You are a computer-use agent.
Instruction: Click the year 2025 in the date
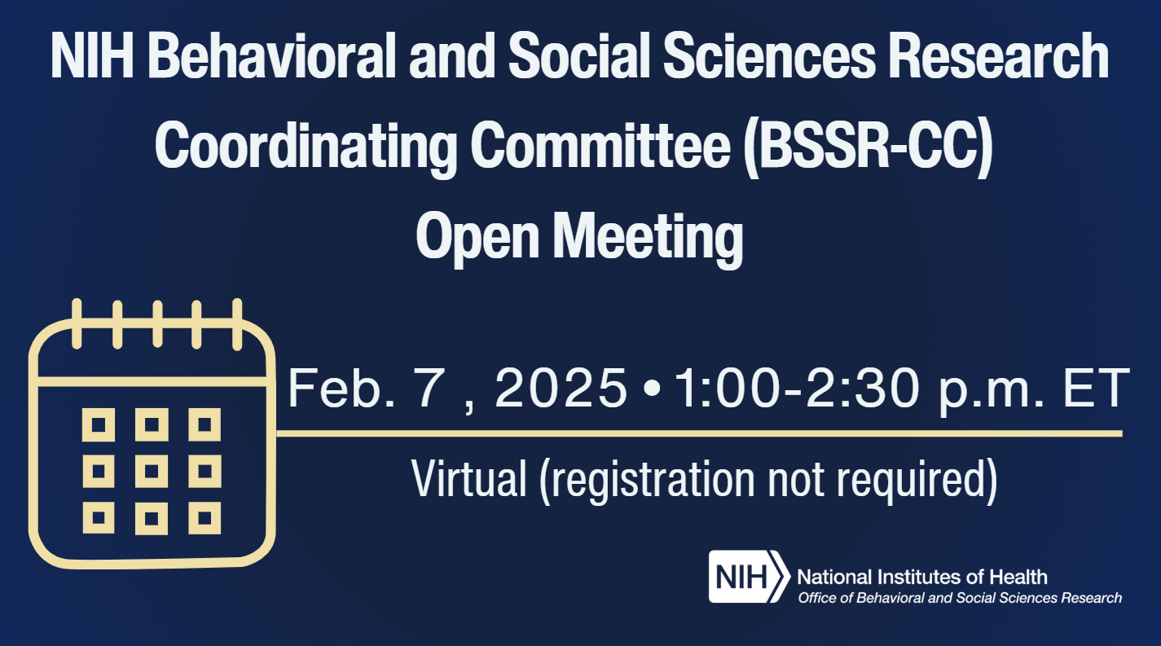click(x=561, y=389)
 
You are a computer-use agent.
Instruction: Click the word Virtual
click(x=468, y=479)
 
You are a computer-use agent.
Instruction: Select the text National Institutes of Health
click(x=922, y=578)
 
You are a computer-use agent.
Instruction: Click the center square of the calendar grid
click(x=152, y=470)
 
